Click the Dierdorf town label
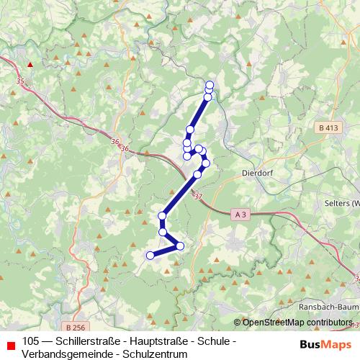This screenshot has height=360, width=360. (258, 173)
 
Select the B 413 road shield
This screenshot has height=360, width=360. (328, 127)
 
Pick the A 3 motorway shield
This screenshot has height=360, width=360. (241, 214)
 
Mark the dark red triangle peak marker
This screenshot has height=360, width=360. (30, 64)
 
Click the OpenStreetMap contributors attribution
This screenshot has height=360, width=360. (297, 323)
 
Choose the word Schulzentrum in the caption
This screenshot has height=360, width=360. (152, 354)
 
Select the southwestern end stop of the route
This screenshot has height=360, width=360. (150, 255)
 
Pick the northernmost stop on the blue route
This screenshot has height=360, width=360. (210, 84)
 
